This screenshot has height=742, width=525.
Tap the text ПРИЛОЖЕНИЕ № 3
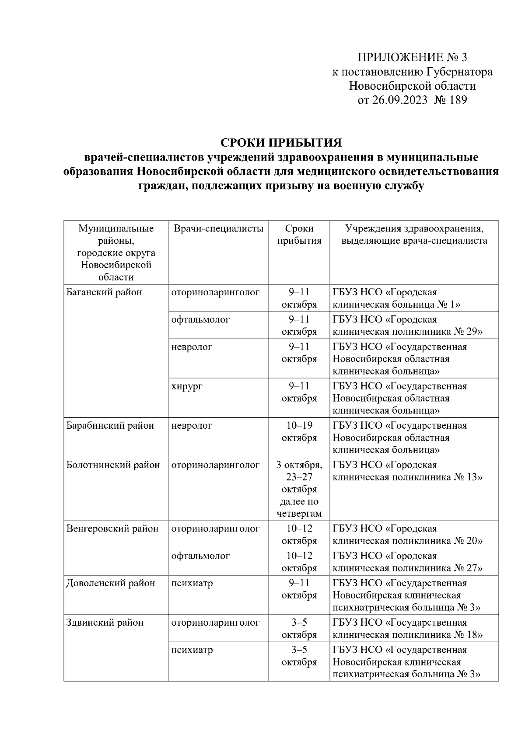click(413, 57)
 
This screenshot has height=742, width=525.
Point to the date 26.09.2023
click(399, 100)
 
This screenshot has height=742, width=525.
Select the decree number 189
click(458, 100)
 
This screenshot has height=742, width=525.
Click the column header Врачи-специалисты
click(218, 228)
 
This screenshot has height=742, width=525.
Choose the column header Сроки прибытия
click(299, 234)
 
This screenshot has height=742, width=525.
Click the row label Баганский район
click(104, 292)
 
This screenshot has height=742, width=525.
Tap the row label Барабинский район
click(110, 426)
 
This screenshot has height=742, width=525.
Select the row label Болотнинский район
click(113, 465)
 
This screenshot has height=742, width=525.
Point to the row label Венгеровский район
click(112, 528)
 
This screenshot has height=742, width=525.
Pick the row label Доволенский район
click(110, 583)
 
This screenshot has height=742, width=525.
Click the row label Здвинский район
click(105, 623)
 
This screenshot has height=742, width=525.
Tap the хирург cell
click(187, 386)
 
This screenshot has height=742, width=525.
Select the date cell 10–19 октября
click(299, 432)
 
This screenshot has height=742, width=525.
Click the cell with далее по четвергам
click(299, 507)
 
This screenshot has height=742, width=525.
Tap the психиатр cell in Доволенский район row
click(192, 583)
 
